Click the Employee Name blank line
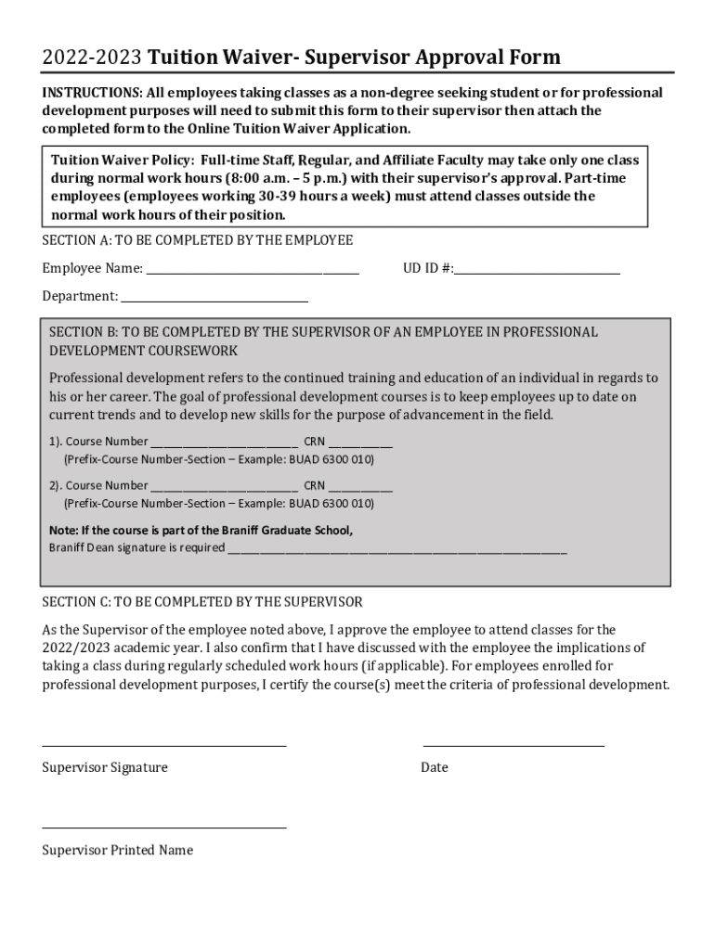click(253, 271)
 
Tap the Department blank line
click(214, 299)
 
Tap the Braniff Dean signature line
click(396, 549)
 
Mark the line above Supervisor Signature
click(164, 744)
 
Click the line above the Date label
click(513, 744)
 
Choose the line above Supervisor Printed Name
click(164, 827)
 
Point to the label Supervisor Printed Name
click(118, 850)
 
